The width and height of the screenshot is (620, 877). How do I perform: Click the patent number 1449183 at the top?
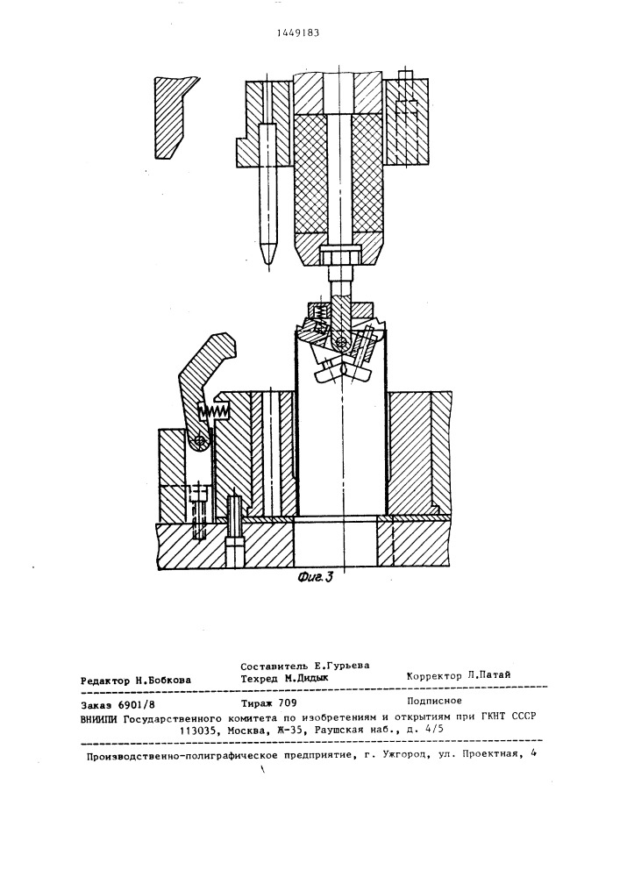pos(298,32)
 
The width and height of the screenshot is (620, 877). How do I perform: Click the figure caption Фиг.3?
pos(316,577)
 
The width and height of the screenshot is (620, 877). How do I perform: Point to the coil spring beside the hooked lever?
pos(214,411)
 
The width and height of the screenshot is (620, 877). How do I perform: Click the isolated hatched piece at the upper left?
pos(175,118)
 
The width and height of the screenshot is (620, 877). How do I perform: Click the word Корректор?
pos(434,675)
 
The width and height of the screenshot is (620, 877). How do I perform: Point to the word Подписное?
pos(434,700)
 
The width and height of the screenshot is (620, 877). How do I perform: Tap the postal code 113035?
pos(196,731)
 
